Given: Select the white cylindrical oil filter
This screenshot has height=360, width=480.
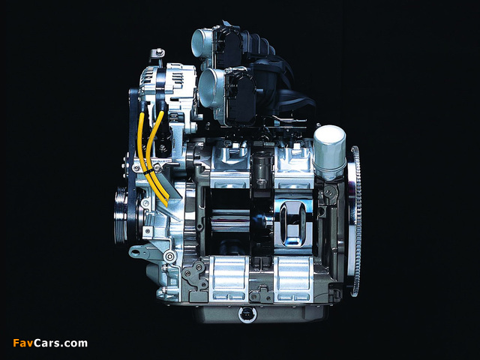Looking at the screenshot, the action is [329, 152].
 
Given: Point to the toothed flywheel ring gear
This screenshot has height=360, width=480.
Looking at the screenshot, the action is [355, 221].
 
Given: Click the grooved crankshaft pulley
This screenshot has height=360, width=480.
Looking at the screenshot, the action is [121, 215].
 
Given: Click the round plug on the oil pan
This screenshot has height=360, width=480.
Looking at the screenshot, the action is [247, 314].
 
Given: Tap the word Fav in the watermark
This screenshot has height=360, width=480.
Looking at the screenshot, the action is [23, 343].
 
